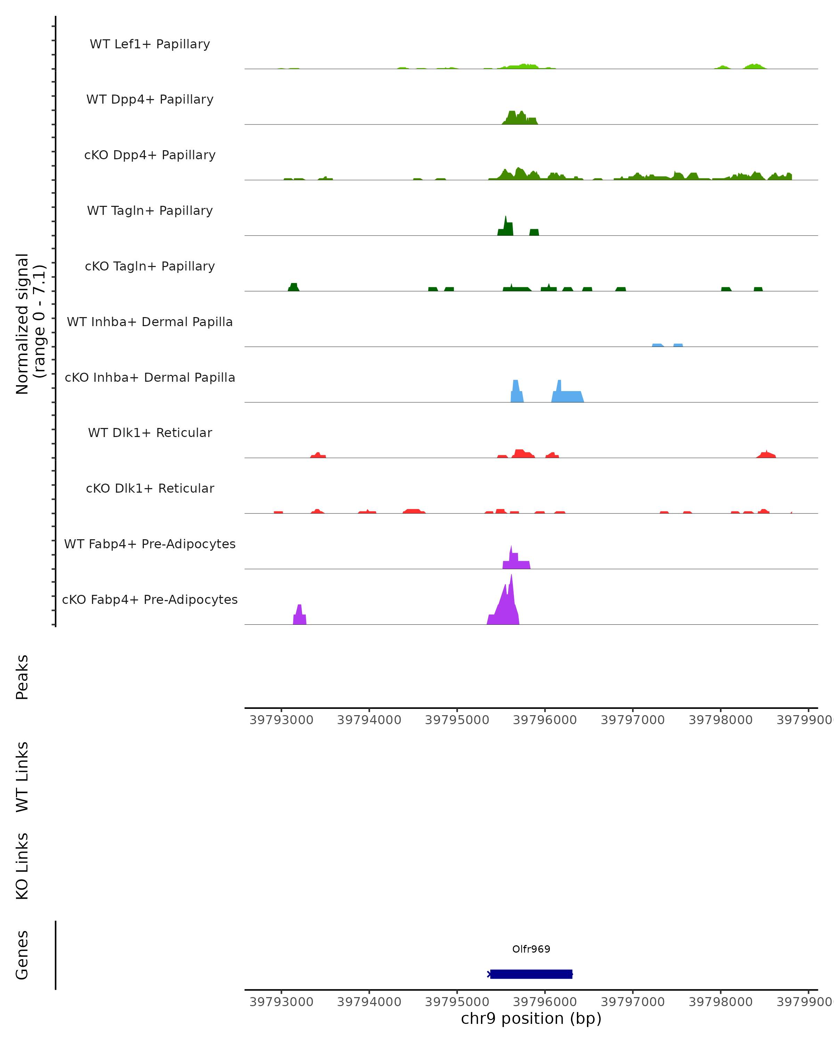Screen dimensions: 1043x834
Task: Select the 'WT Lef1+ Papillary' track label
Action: [x=150, y=44]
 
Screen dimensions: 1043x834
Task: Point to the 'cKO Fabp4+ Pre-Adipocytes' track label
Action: [x=150, y=599]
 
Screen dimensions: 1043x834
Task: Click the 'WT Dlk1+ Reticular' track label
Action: [x=150, y=432]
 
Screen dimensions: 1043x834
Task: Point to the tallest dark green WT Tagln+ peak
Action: [x=506, y=227]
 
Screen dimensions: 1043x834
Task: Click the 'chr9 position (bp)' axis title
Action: [x=531, y=1018]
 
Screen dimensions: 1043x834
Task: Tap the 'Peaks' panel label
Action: [x=22, y=677]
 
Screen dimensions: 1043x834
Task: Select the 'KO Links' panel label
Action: [x=22, y=866]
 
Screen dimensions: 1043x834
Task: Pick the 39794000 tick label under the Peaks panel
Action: [x=369, y=720]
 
